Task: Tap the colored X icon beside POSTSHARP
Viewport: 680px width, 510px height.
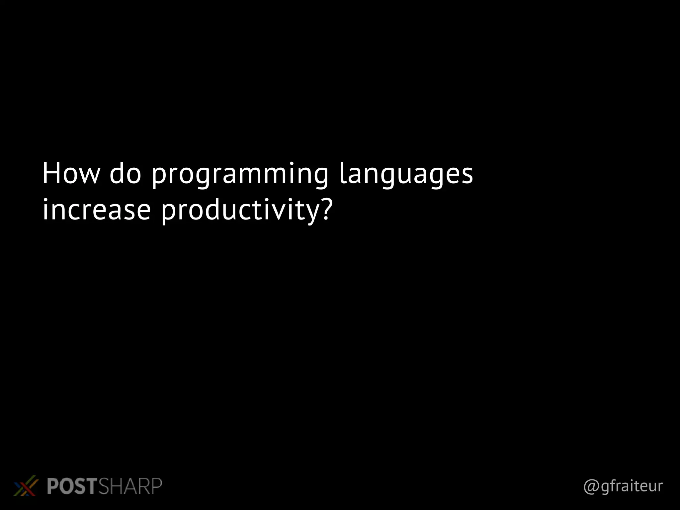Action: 25,486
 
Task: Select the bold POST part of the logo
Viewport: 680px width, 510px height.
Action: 72,486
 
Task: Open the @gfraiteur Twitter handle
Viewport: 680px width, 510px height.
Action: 623,486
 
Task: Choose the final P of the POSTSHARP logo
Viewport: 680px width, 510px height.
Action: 156,486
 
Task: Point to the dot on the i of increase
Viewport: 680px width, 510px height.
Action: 45,200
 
